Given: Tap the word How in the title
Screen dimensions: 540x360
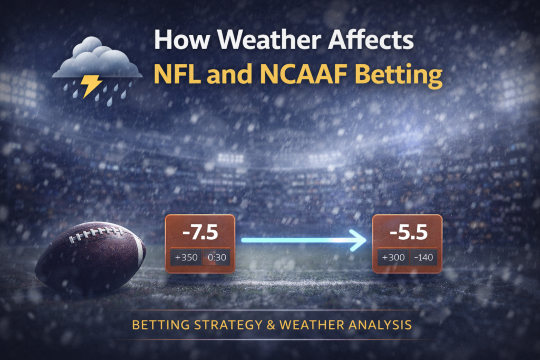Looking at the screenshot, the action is pyautogui.click(x=182, y=40).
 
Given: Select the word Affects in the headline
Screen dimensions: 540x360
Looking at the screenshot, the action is pyautogui.click(x=371, y=40).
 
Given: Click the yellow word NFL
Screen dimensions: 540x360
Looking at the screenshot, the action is pyautogui.click(x=177, y=74).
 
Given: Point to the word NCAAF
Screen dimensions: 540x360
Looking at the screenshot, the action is pyautogui.click(x=303, y=74).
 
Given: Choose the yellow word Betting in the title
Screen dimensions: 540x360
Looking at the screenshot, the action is pyautogui.click(x=399, y=76).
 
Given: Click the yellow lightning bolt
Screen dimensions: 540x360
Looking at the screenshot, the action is pyautogui.click(x=90, y=86).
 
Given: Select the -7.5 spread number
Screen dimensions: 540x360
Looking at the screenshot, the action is pyautogui.click(x=200, y=232).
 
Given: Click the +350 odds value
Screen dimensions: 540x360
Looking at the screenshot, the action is pyautogui.click(x=186, y=257).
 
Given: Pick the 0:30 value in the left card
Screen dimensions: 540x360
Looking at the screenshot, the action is pyautogui.click(x=217, y=257).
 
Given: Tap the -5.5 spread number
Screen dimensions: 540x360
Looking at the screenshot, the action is pyautogui.click(x=409, y=232).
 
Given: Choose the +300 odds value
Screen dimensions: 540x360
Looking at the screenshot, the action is pyautogui.click(x=393, y=257).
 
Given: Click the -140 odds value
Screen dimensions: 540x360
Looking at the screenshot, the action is pyautogui.click(x=423, y=257).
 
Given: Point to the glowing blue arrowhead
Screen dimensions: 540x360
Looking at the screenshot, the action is pyautogui.click(x=358, y=240).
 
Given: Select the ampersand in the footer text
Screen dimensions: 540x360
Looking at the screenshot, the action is pyautogui.click(x=271, y=325).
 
